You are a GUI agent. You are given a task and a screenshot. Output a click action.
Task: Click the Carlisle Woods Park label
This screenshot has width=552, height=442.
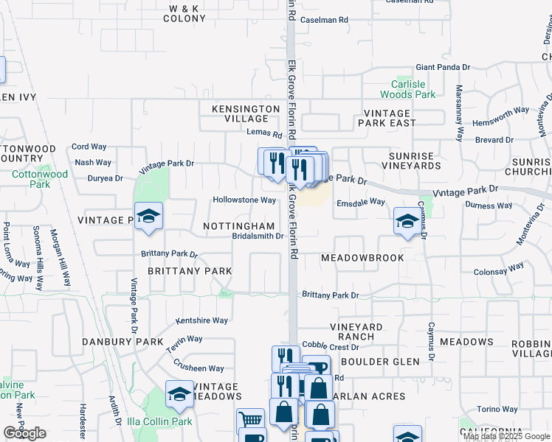(408, 89)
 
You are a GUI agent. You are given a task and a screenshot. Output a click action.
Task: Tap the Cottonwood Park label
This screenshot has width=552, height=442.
(40, 179)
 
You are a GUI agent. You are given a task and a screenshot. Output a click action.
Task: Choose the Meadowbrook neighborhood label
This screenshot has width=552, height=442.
(362, 258)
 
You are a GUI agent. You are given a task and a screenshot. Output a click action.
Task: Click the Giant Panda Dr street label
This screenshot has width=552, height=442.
(443, 67)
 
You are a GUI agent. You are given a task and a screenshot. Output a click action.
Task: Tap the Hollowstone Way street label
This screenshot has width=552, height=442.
(244, 200)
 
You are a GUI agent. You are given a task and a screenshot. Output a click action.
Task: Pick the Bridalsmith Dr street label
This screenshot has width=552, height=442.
(258, 236)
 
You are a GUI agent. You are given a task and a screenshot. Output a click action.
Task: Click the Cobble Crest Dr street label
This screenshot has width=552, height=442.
(330, 346)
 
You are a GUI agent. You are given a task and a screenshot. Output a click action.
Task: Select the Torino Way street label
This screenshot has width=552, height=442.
(497, 409)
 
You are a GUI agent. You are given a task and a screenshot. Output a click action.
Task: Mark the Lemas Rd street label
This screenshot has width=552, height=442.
(265, 135)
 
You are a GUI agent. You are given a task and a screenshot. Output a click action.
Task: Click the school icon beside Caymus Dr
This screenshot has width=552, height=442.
(406, 220)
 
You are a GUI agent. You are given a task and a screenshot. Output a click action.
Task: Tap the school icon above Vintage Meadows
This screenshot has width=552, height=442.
(179, 393)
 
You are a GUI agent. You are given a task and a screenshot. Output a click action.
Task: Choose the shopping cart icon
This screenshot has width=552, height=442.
(251, 421)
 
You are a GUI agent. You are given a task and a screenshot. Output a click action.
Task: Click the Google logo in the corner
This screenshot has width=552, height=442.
(24, 433)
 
